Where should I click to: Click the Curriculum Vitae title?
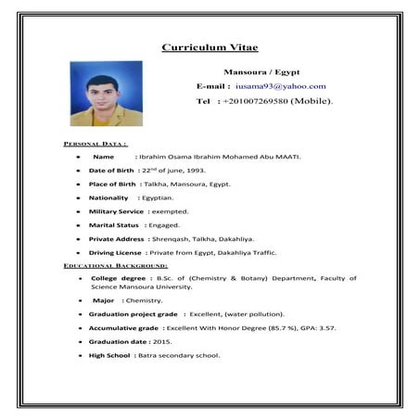tap(210, 48)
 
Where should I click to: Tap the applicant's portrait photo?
tap(106, 94)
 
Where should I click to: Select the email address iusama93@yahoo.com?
tap(281, 86)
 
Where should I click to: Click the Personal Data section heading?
tap(95, 144)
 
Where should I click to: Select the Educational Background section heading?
tap(115, 266)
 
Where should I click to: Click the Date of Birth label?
tap(112, 171)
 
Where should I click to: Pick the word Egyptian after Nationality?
tap(156, 197)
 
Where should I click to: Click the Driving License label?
tap(115, 252)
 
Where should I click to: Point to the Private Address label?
tap(117, 238)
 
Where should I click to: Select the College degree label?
tap(119, 278)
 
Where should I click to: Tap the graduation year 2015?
tap(162, 342)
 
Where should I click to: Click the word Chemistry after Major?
tap(144, 300)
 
